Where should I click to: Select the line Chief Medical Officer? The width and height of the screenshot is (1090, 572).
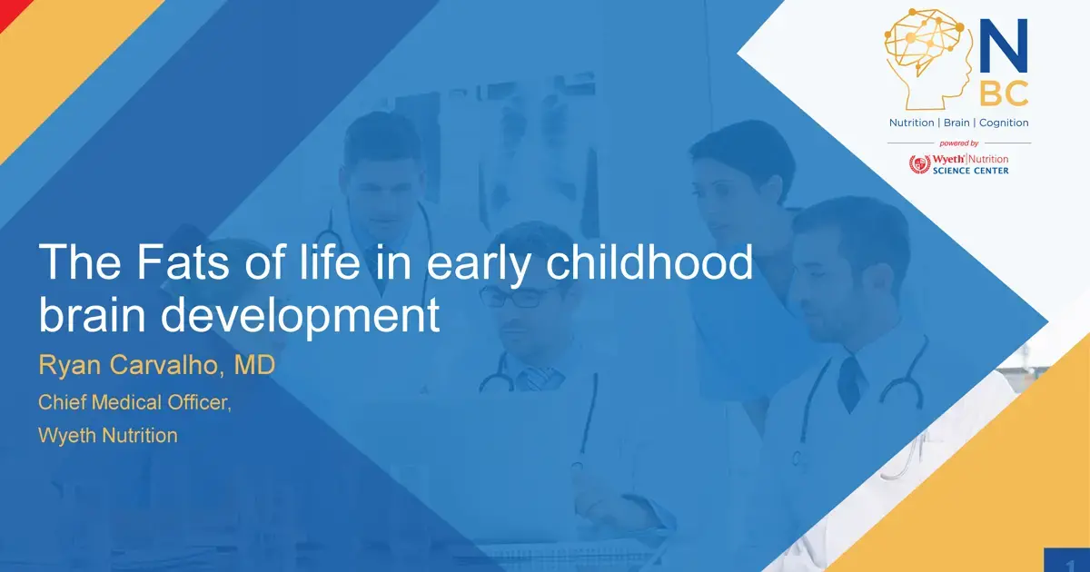coord(134,401)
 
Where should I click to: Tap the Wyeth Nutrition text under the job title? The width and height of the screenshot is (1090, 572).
coord(107,435)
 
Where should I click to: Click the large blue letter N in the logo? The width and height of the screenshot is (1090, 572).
coord(1003,46)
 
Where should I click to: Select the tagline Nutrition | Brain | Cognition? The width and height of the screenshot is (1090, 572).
coord(958,123)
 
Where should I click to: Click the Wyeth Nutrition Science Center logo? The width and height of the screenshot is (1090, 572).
coord(958,164)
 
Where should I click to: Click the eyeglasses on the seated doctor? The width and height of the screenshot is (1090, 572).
coord(516,296)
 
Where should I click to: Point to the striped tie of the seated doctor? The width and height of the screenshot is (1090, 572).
coord(537,376)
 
